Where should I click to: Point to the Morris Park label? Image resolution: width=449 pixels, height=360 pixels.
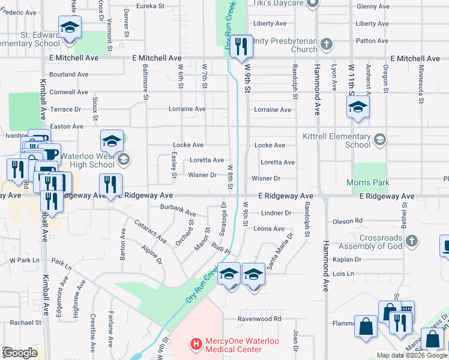point(368,182)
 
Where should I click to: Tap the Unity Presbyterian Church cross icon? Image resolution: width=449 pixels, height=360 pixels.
point(326,44)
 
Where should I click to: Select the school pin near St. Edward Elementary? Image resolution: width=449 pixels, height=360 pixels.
point(70,28)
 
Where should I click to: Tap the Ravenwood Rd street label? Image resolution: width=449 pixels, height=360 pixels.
point(259,319)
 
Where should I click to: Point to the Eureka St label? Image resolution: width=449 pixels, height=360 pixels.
point(150,5)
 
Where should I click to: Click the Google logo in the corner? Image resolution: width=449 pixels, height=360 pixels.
point(20,353)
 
